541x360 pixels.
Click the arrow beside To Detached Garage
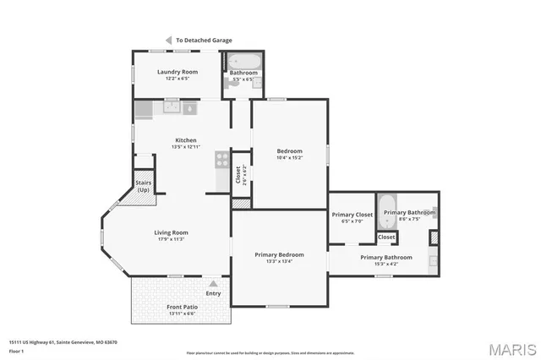point(168,40)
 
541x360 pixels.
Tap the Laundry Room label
point(178,72)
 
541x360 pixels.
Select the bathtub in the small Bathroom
point(244,62)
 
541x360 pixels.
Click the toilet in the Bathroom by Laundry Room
point(257,83)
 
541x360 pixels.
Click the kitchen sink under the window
point(172,107)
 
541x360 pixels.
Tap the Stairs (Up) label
point(144,186)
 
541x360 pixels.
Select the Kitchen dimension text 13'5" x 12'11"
point(185,148)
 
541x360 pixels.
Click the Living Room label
point(171,232)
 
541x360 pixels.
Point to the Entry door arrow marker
point(213,283)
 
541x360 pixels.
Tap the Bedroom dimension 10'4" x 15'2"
point(289,158)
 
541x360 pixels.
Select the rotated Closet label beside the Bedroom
point(238,174)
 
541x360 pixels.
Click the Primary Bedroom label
point(279,254)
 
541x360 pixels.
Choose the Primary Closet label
point(352,215)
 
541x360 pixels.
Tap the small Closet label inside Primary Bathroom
point(386,237)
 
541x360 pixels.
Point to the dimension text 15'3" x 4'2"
point(385,265)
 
